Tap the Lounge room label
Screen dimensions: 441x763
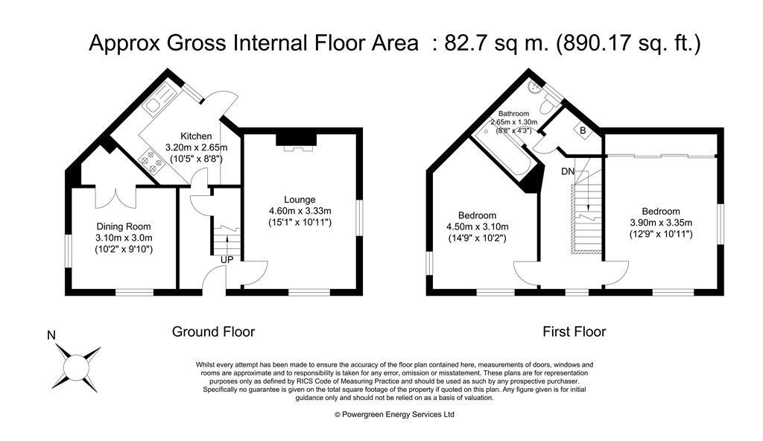300,199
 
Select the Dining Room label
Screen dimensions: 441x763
124,226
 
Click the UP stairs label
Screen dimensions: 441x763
226,259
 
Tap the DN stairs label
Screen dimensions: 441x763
569,171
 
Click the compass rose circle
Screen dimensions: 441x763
75,367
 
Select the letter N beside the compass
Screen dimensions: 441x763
51,335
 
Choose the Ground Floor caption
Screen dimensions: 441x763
213,331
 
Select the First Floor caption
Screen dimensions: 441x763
574,331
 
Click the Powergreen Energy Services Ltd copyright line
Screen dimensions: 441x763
394,414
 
